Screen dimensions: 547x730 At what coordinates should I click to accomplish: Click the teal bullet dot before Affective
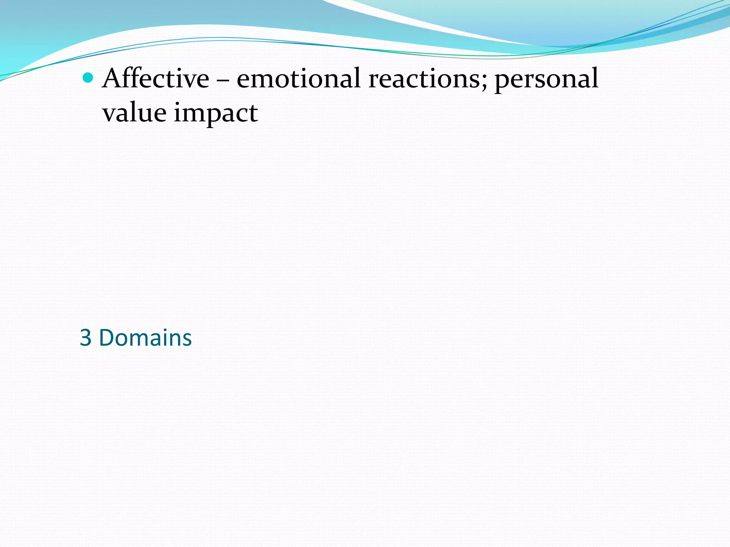click(88, 78)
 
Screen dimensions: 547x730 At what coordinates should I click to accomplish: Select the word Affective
click(156, 78)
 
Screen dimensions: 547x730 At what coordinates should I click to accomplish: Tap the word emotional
click(298, 78)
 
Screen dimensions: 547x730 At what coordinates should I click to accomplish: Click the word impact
click(216, 113)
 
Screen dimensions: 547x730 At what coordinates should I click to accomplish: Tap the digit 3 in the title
click(86, 338)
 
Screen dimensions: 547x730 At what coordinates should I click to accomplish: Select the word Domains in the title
click(145, 338)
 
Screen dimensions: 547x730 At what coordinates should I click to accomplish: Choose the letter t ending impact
click(253, 113)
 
